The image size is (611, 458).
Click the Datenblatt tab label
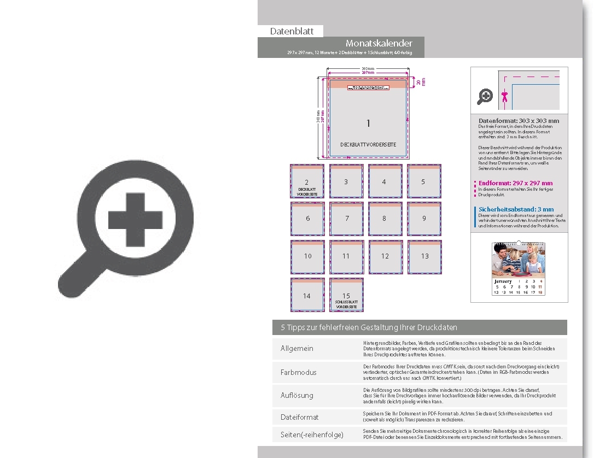pyautogui.click(x=292, y=31)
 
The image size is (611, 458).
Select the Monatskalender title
pyautogui.click(x=379, y=43)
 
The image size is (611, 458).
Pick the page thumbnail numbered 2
pyautogui.click(x=307, y=181)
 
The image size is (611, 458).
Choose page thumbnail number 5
pyautogui.click(x=423, y=181)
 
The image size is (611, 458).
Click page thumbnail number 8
pyautogui.click(x=385, y=219)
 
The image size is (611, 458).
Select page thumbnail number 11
pyautogui.click(x=346, y=256)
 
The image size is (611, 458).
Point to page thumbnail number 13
pyautogui.click(x=424, y=256)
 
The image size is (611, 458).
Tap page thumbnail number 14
pyautogui.click(x=307, y=295)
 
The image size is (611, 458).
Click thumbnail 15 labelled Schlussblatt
pyautogui.click(x=346, y=295)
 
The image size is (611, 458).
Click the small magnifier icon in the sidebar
pyautogui.click(x=485, y=97)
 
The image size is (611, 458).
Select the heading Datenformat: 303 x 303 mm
pyautogui.click(x=519, y=121)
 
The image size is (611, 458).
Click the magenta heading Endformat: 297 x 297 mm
pyautogui.click(x=515, y=183)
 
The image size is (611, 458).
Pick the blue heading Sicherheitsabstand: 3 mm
pyautogui.click(x=516, y=209)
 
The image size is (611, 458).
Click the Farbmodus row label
pyautogui.click(x=298, y=372)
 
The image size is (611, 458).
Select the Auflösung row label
pyautogui.click(x=296, y=395)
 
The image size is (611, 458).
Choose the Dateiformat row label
pyautogui.click(x=299, y=417)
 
